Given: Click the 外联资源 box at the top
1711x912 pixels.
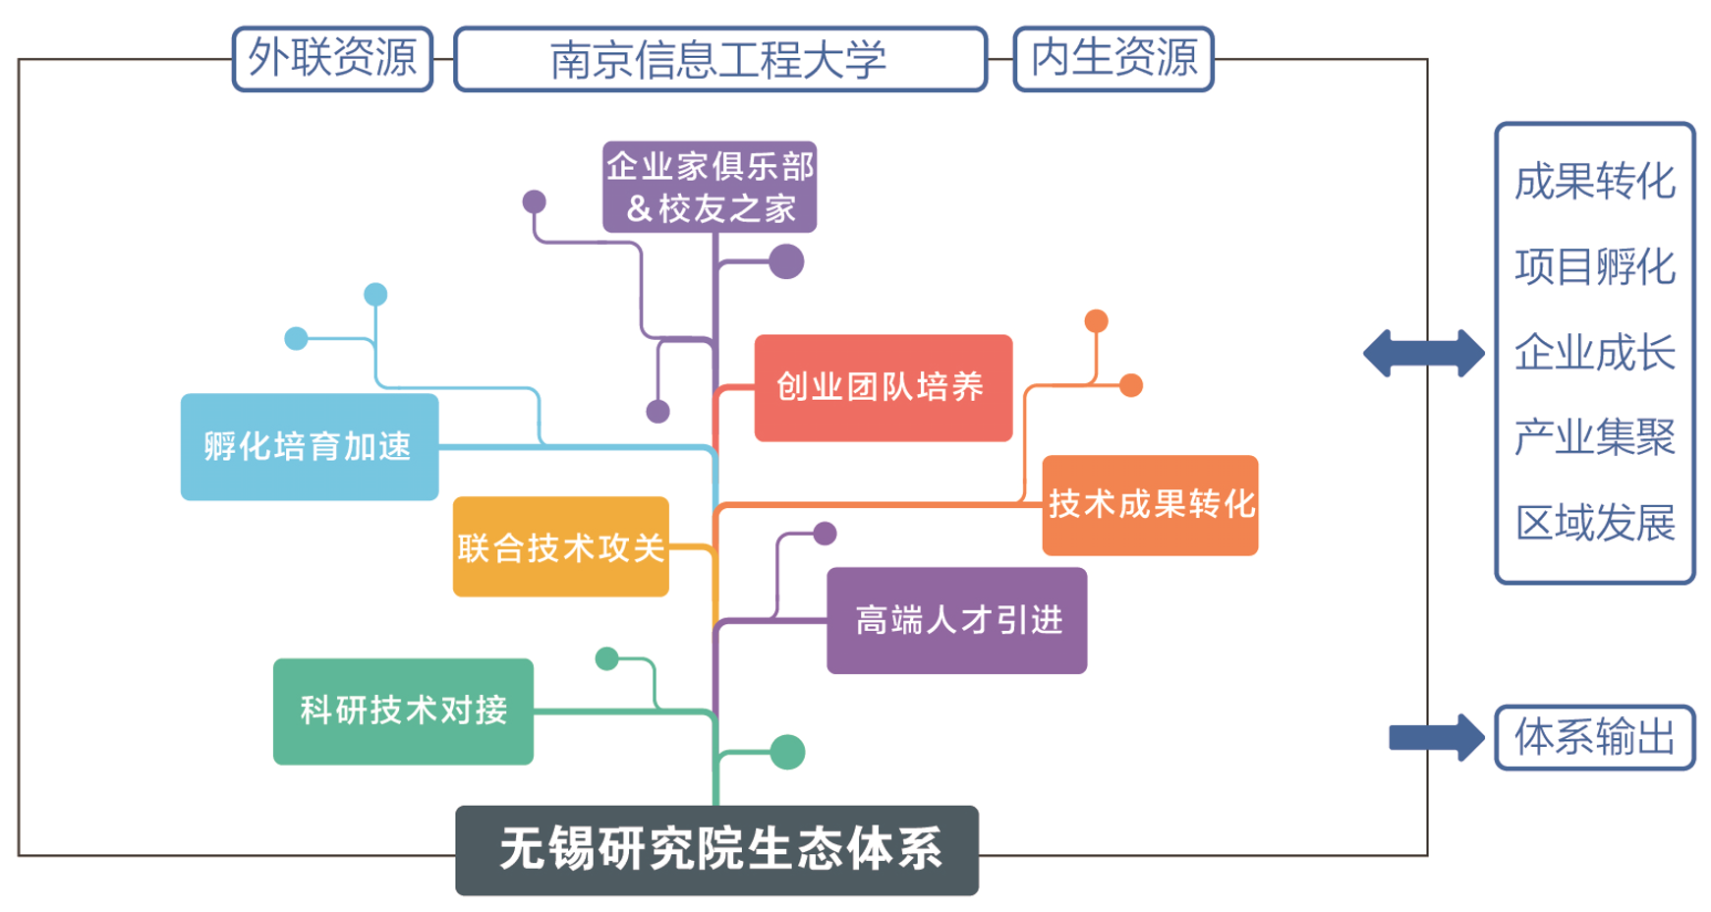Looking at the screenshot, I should coord(332,59).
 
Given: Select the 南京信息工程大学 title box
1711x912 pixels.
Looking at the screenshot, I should coord(719,60).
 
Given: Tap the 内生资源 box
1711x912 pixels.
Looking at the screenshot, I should coord(1113,59).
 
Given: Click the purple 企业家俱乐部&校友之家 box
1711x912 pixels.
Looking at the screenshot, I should coord(710,187).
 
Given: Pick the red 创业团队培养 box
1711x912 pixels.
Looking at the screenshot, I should coord(883,387).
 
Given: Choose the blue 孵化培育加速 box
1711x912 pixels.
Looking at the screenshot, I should coord(309,447).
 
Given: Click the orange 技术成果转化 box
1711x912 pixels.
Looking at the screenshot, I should coord(1150,505).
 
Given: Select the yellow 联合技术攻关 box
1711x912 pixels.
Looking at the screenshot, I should coord(560,547).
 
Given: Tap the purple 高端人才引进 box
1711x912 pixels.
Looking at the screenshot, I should coord(956,620).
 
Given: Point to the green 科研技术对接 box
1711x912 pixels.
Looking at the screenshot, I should coord(403,711).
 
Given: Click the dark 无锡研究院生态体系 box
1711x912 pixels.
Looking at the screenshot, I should coord(716,850).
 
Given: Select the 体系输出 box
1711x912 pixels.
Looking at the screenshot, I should coord(1594,737).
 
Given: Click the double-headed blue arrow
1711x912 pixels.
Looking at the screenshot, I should coord(1423,353).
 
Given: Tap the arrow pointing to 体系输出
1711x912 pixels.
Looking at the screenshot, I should coord(1435,737).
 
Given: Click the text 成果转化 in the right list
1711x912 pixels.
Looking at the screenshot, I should coord(1594,182).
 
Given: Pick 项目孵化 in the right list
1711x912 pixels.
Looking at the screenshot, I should coord(1594,267).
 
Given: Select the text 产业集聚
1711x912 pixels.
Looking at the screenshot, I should coord(1594,437).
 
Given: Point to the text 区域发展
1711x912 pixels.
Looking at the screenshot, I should coord(1594,523).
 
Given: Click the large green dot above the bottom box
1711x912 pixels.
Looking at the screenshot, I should coord(787,752).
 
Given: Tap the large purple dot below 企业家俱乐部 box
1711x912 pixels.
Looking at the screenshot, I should coord(786,261).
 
